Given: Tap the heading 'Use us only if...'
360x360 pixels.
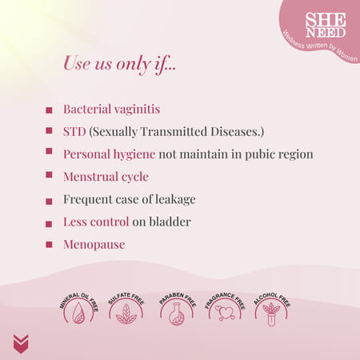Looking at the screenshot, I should pyautogui.click(x=119, y=63).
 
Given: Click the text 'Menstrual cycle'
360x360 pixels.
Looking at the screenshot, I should pyautogui.click(x=106, y=176).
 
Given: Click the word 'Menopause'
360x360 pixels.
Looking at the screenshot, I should pyautogui.click(x=94, y=244).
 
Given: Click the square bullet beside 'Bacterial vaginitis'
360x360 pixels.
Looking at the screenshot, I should pyautogui.click(x=49, y=109).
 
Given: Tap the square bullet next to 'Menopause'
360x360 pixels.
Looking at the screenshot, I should pyautogui.click(x=49, y=245).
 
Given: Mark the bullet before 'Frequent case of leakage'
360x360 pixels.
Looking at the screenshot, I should pyautogui.click(x=49, y=199).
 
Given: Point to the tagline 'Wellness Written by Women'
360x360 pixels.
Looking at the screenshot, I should pyautogui.click(x=319, y=47).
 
